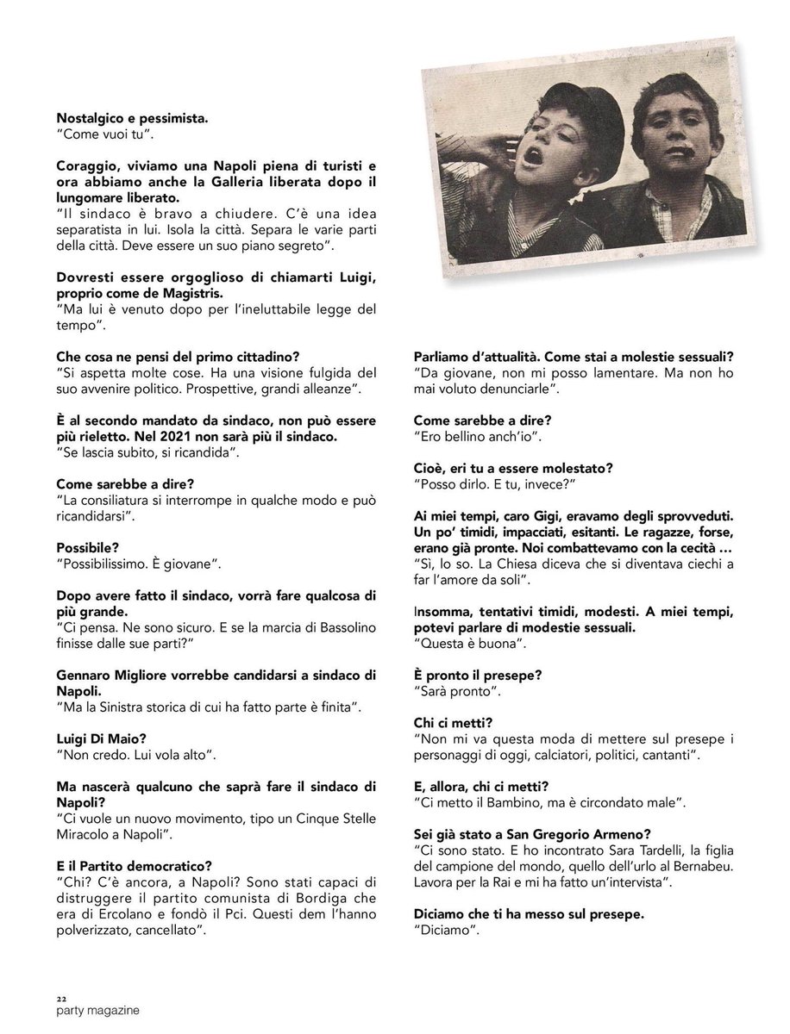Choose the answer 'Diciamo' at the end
(x=447, y=931)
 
